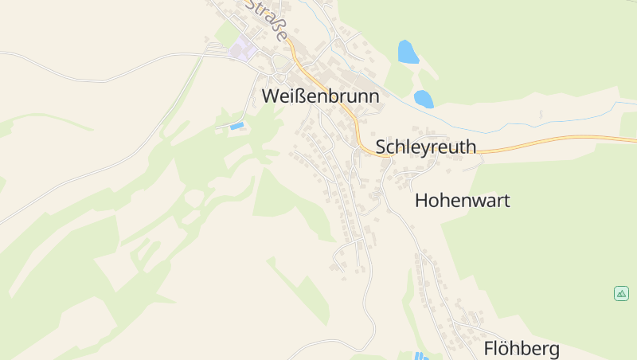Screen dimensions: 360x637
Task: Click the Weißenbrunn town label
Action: coord(320,96)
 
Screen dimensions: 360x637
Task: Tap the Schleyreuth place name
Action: coord(425,147)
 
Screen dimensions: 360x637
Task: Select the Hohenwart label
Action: coord(462,200)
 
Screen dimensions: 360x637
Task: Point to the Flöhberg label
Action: coord(522,348)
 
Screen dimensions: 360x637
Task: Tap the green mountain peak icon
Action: coord(621,293)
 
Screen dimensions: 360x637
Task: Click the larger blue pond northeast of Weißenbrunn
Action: coord(408,52)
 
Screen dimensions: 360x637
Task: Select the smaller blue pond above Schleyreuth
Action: coord(424,100)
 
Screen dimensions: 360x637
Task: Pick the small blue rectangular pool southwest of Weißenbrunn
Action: coord(236,126)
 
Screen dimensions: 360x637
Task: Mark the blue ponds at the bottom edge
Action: coord(420,355)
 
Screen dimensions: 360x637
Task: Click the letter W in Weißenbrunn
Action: coord(271,96)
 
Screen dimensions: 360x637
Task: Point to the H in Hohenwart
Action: coord(422,200)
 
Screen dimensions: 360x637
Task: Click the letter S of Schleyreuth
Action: coord(381,147)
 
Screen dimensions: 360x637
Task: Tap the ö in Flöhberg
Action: coord(507,348)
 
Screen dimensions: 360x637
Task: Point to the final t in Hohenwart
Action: coord(506,200)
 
